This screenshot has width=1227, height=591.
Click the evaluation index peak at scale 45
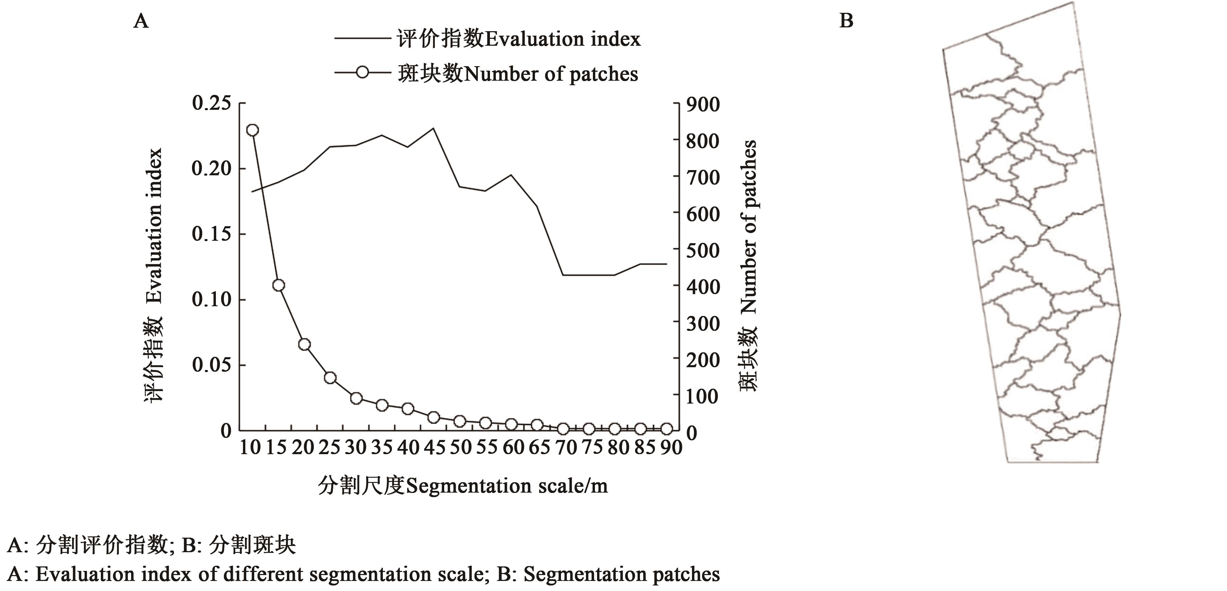[x=433, y=128]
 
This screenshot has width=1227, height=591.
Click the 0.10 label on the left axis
[x=211, y=300]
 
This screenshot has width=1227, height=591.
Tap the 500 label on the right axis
[x=703, y=250]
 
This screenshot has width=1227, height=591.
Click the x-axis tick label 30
[x=355, y=448]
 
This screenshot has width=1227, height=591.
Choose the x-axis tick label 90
[x=671, y=448]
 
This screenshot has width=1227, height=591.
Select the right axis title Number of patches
[x=748, y=226]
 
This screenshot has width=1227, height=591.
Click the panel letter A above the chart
[x=141, y=21]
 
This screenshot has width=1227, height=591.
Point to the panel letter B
[x=846, y=21]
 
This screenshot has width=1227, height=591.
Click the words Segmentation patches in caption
[x=622, y=574]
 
